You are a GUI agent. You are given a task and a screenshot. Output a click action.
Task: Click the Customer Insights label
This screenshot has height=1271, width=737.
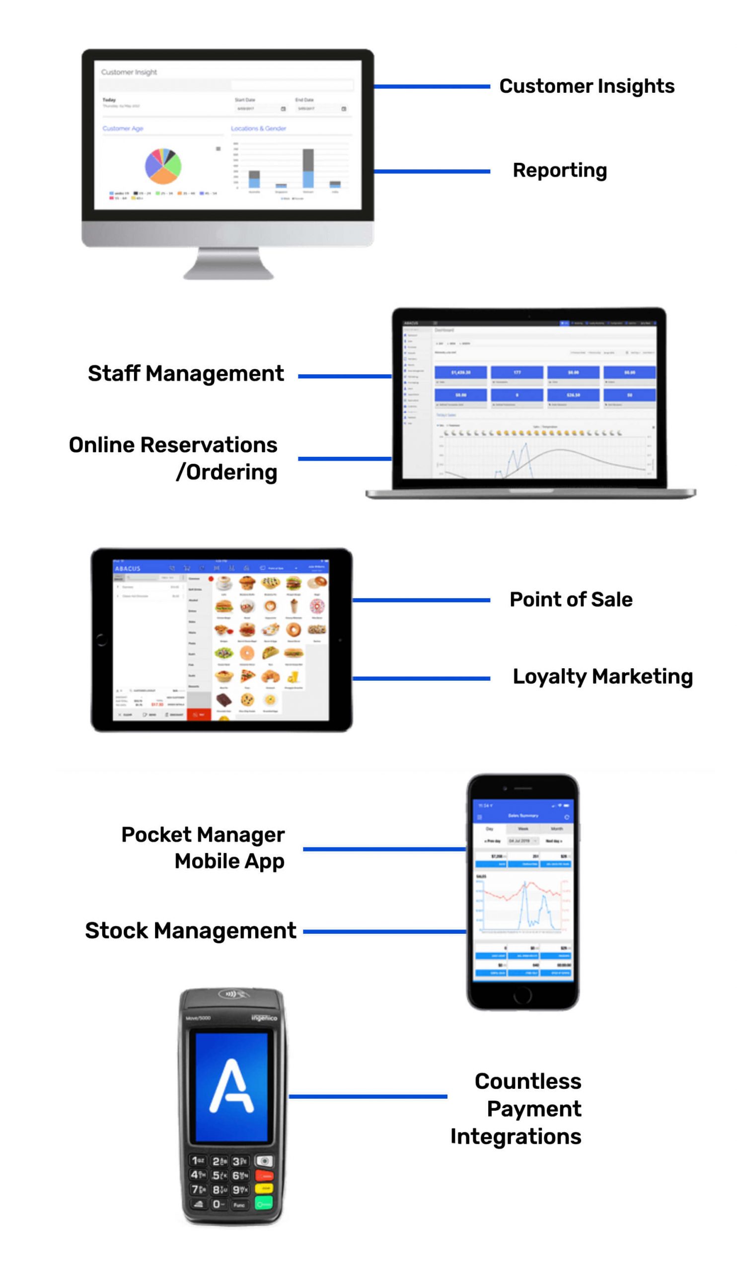(x=586, y=86)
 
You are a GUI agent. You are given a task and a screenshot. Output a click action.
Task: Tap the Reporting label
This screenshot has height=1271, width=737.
(x=559, y=170)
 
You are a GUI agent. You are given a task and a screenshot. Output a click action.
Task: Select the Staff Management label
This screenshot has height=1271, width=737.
(x=186, y=374)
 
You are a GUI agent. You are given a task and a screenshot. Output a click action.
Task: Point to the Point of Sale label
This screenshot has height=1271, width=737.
(x=571, y=600)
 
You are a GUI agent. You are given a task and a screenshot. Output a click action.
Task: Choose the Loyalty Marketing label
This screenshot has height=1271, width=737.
(x=602, y=676)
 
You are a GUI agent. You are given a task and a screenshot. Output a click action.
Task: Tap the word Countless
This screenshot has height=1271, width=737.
(x=527, y=1081)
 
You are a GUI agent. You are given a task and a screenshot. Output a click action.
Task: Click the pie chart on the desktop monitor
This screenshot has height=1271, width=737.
(x=163, y=166)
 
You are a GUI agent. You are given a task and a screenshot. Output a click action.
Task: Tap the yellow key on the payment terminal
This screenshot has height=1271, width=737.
(x=264, y=1189)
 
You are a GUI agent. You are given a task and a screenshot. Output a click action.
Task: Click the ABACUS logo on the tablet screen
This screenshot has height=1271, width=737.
(x=128, y=568)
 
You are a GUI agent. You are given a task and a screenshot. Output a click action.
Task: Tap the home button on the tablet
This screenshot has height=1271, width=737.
(x=101, y=640)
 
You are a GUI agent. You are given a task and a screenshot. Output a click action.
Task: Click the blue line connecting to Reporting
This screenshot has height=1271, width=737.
(x=431, y=171)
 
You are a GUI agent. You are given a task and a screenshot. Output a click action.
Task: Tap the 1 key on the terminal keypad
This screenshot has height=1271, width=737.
(x=197, y=1161)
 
